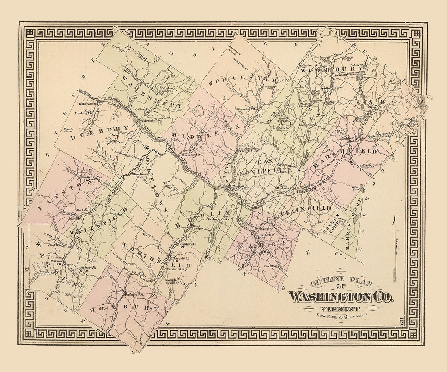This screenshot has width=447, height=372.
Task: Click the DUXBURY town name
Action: point(99,131)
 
